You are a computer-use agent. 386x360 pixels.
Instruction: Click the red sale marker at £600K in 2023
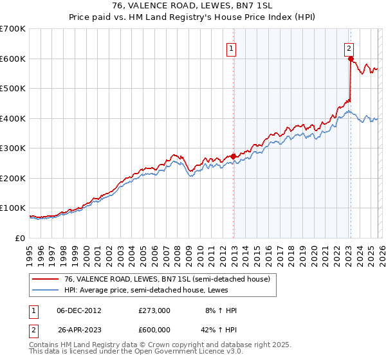tap(351, 59)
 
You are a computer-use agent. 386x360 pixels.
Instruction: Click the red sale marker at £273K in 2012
tap(233, 156)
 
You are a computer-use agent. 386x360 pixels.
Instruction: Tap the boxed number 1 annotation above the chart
tap(231, 47)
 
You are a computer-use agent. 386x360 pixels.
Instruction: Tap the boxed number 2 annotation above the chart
tap(349, 47)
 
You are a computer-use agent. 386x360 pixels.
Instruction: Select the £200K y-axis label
tap(13, 178)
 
